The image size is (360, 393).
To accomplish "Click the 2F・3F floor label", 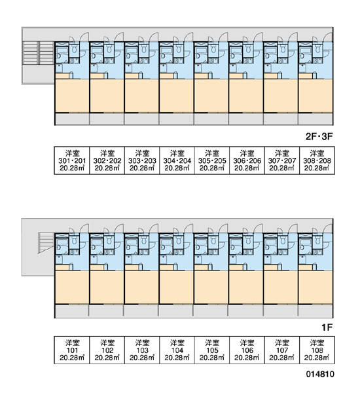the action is point(319,137).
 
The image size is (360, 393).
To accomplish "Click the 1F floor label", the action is point(327,327).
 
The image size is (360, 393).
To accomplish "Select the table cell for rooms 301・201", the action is point(72,160).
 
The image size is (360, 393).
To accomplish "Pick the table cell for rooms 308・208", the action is point(317,160).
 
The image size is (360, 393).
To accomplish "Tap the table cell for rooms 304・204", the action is point(177,160).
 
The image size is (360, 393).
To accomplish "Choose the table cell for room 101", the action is point(72,350).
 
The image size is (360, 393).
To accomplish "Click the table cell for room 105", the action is point(211,350).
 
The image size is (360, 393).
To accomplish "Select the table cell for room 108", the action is point(317,350).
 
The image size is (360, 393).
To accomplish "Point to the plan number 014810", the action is point(320,374).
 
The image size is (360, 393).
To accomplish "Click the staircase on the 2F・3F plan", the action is point(39,53).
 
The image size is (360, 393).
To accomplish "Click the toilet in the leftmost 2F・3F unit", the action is point(75,49).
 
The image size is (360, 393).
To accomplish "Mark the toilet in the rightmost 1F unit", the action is point(317,240).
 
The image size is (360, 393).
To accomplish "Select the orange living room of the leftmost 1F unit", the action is point(72,287).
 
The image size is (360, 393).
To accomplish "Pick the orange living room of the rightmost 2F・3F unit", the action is point(315,96).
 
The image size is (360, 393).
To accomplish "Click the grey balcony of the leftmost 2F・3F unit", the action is point(72,119).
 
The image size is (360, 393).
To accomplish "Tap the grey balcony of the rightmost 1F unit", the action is point(315,310).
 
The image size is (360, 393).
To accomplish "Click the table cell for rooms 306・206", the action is point(247,160).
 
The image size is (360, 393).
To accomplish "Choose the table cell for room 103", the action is point(142,350).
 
